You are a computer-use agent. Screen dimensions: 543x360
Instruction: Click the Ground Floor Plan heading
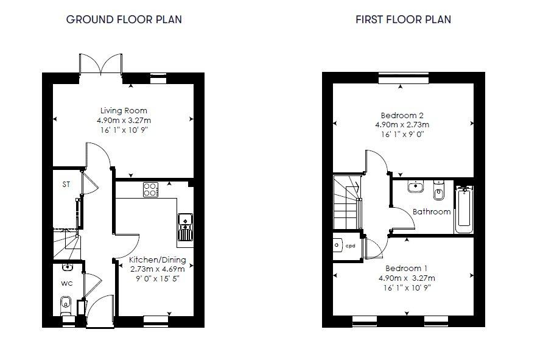[124, 19]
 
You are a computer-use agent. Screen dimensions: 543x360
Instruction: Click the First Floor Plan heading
[404, 19]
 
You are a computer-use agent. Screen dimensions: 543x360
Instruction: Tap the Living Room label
[124, 110]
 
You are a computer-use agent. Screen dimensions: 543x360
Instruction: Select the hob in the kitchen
[150, 189]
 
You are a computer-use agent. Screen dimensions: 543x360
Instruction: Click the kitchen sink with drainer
[185, 227]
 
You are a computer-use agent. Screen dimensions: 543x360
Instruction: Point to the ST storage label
[66, 185]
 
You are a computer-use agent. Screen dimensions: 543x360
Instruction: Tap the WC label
[67, 283]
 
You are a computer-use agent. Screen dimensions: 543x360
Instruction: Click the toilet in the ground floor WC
[66, 306]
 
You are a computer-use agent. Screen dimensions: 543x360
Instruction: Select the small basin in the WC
[67, 267]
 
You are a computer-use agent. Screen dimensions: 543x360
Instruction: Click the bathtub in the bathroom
[464, 210]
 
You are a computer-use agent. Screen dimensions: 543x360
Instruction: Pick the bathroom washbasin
[415, 186]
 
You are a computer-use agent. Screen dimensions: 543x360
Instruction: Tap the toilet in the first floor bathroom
[438, 190]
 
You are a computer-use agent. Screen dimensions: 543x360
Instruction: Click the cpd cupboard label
[351, 245]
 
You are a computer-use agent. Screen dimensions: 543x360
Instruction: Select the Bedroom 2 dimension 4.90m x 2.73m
[402, 125]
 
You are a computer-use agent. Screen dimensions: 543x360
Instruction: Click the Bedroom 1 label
[406, 268]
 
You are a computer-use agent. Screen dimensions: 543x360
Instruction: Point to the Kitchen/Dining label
[157, 259]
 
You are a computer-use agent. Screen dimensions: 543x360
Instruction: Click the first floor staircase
[347, 202]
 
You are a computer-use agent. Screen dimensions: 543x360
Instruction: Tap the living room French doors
[101, 65]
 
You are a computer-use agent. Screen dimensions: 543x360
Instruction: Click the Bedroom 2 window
[404, 78]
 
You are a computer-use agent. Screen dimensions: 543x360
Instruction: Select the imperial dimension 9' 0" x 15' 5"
[158, 278]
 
